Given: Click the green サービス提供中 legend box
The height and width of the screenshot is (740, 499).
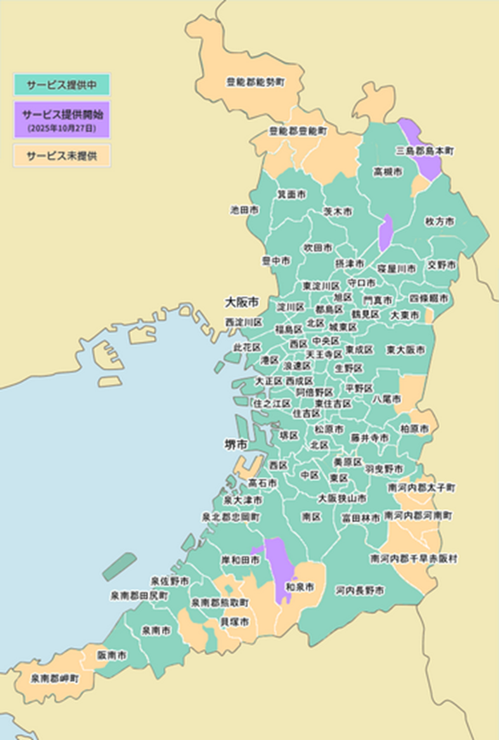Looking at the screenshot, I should click(61, 84).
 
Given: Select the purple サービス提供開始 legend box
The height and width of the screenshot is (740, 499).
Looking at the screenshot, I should click(61, 119).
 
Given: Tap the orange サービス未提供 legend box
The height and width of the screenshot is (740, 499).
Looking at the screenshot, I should click(61, 155).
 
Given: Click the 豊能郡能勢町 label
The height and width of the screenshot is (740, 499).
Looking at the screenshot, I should click(255, 82).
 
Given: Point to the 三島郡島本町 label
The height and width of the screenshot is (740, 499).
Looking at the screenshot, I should click(425, 151).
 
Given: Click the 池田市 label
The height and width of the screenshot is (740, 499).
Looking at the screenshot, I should click(244, 209).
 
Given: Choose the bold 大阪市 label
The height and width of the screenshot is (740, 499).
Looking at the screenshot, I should click(242, 301).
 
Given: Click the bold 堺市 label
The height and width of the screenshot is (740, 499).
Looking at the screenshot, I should click(236, 445).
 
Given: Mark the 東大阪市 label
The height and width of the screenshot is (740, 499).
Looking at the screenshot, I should click(404, 349).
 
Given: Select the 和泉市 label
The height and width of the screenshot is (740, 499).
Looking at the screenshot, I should click(299, 588).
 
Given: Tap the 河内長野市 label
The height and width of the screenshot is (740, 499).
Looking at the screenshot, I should click(359, 589).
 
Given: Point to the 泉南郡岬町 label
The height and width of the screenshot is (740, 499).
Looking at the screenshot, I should click(54, 680).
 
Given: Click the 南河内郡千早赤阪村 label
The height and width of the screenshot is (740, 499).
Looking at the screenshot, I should click(414, 559).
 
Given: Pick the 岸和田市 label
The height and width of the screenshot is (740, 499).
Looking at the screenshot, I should click(240, 560).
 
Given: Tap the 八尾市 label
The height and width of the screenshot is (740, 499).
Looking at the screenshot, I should click(387, 398).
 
